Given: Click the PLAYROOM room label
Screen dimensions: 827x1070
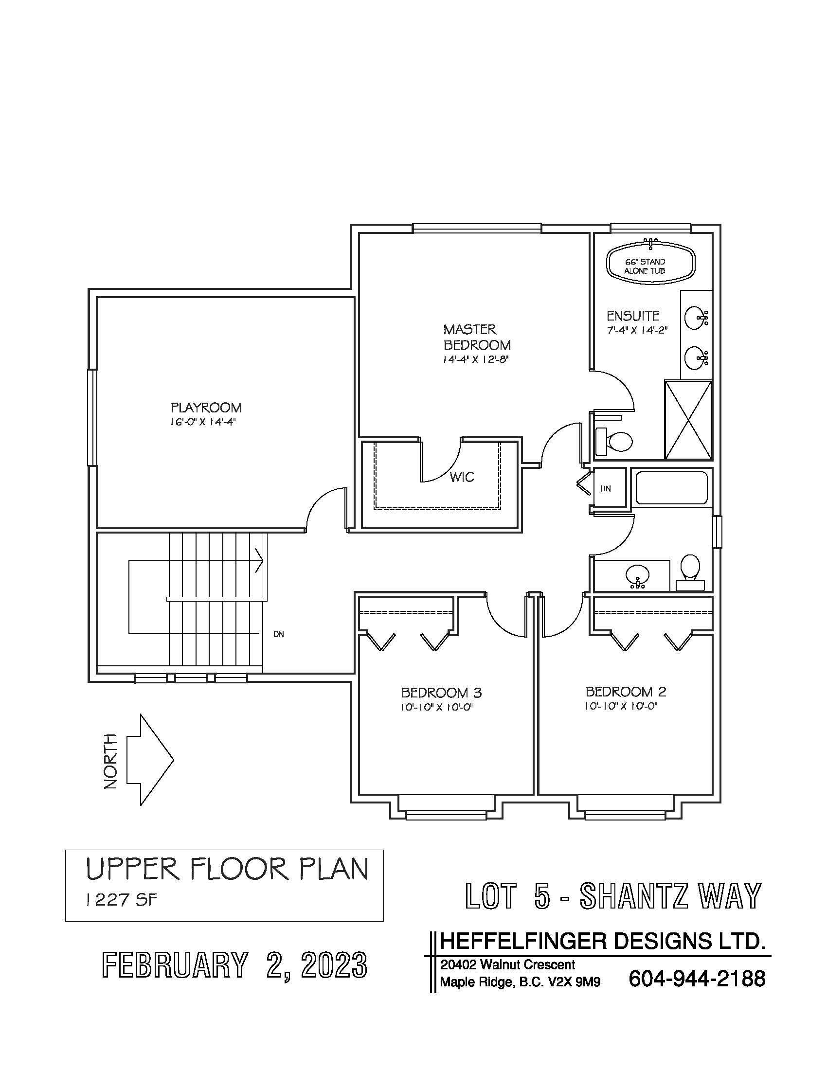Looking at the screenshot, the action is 206,408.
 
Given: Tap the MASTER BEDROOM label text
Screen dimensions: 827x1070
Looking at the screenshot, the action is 477,337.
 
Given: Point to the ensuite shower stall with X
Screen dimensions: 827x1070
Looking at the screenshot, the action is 688,420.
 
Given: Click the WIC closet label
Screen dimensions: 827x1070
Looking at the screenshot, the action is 462,477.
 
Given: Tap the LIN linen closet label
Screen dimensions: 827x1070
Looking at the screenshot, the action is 606,488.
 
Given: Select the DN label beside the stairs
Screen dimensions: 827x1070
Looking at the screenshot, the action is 279,634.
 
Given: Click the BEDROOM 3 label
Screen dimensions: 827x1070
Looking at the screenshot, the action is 441,693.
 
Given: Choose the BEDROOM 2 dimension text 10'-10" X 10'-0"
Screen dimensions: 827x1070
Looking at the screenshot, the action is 620,706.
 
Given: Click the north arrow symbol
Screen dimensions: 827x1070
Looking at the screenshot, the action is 150,760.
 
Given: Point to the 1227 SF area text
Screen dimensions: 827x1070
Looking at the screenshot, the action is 121,900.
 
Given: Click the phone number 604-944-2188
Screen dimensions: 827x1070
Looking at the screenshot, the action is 696,979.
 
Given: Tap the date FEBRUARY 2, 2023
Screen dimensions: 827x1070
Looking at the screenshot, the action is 234,965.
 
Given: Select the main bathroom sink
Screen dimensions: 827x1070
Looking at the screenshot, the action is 637,576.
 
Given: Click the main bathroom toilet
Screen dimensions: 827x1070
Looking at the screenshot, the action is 690,572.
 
